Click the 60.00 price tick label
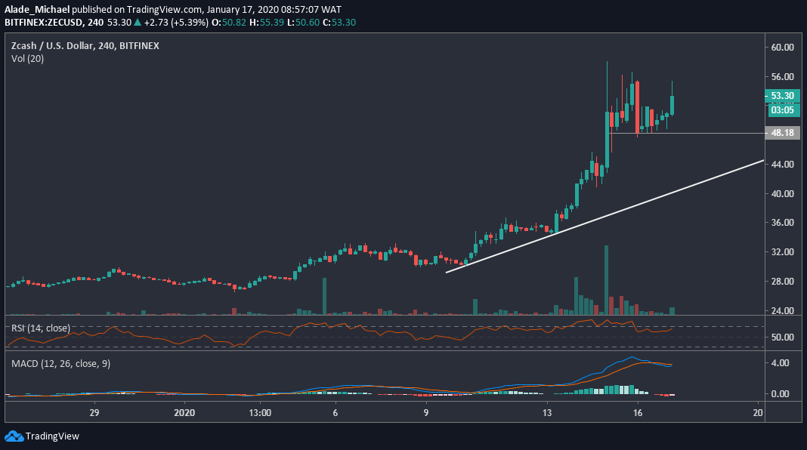783,47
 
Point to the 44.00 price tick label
783,164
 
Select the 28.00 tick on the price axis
783,281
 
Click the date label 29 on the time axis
94,413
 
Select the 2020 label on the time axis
184,413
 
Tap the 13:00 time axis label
259,413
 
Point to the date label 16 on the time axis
638,413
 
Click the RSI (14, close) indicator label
40,328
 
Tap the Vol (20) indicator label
27,58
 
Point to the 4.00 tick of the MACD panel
781,362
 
